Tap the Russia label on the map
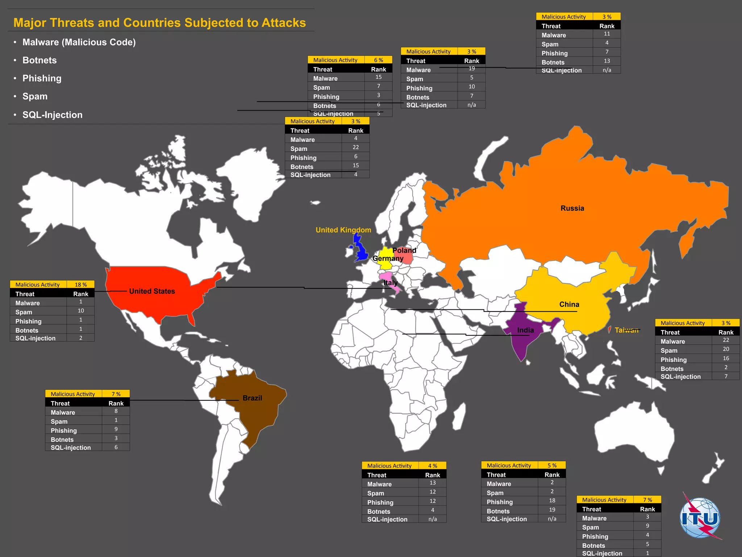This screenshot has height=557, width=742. pyautogui.click(x=572, y=208)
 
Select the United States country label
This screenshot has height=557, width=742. pyautogui.click(x=152, y=291)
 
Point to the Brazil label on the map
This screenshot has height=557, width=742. pyautogui.click(x=252, y=398)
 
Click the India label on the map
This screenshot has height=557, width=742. pyautogui.click(x=525, y=330)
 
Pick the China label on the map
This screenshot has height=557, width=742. pyautogui.click(x=569, y=304)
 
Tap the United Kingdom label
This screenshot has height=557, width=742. pyautogui.click(x=343, y=230)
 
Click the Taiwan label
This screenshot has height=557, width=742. pyautogui.click(x=626, y=330)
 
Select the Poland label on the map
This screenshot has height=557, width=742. pyautogui.click(x=404, y=250)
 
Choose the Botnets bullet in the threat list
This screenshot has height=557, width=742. pyautogui.click(x=39, y=60)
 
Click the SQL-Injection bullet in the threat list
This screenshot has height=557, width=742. pyautogui.click(x=52, y=115)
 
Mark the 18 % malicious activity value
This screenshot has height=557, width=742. pyautogui.click(x=81, y=285)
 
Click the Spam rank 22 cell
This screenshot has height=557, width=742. pyautogui.click(x=356, y=147)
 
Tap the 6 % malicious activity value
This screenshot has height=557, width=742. pyautogui.click(x=379, y=60)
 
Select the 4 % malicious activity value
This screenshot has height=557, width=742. pyautogui.click(x=433, y=466)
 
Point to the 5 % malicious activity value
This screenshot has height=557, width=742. pyautogui.click(x=552, y=465)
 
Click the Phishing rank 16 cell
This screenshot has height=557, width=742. pyautogui.click(x=726, y=358)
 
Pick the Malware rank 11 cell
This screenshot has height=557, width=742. pyautogui.click(x=607, y=34)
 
